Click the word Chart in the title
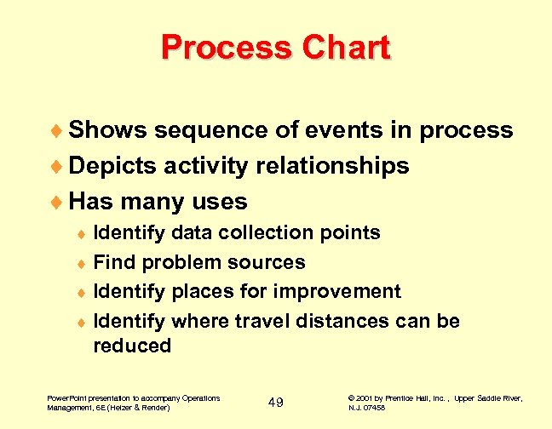[344, 47]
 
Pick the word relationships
[332, 165]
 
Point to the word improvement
[340, 291]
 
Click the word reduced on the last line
[132, 346]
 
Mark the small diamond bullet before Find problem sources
[82, 263]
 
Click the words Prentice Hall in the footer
[423, 398]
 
